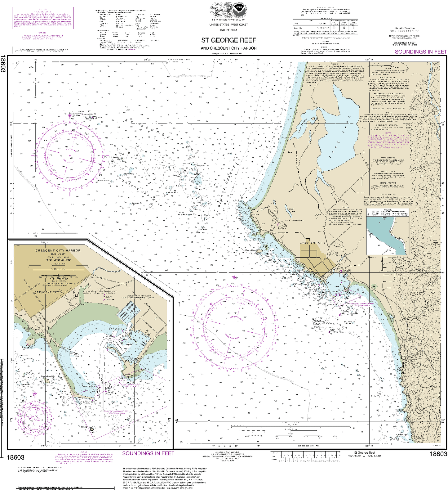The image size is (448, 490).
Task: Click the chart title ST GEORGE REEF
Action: pos(228,40)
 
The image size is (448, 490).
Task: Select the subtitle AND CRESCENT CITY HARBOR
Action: pos(228,48)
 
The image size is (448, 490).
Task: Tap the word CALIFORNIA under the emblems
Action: pos(228,30)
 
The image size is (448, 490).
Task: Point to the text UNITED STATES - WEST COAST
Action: pos(228,25)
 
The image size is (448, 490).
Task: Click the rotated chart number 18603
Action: pos(3,64)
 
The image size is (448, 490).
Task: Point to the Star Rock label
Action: pos(203,228)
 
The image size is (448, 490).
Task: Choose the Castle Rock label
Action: pos(251,250)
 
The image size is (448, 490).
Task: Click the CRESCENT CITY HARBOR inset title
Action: pos(58,250)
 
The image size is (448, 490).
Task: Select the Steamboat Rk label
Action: pos(48,376)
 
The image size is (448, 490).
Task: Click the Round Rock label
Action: pos(87,427)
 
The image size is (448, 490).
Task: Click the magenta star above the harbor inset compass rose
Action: pos(35,394)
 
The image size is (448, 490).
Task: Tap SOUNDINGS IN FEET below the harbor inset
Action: pos(148,453)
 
